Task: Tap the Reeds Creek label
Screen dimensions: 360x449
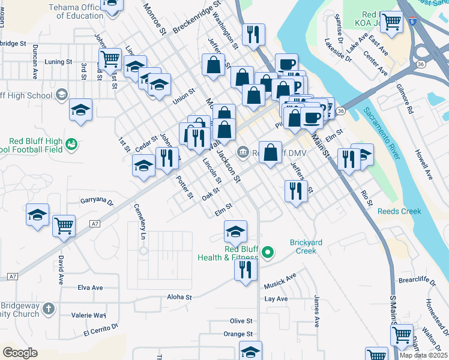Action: [x=399, y=211]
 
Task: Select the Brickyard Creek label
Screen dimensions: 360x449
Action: [x=306, y=246]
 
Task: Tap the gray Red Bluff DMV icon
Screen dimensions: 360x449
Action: [x=243, y=151]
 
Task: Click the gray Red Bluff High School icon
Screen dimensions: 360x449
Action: [x=61, y=95]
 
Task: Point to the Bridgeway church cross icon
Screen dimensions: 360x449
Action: [x=49, y=309]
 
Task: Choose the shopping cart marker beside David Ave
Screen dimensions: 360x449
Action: [x=64, y=226]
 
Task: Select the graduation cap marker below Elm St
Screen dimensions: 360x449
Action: [x=235, y=230]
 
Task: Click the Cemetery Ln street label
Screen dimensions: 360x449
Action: [x=143, y=222]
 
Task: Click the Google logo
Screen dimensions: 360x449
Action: [x=20, y=353]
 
